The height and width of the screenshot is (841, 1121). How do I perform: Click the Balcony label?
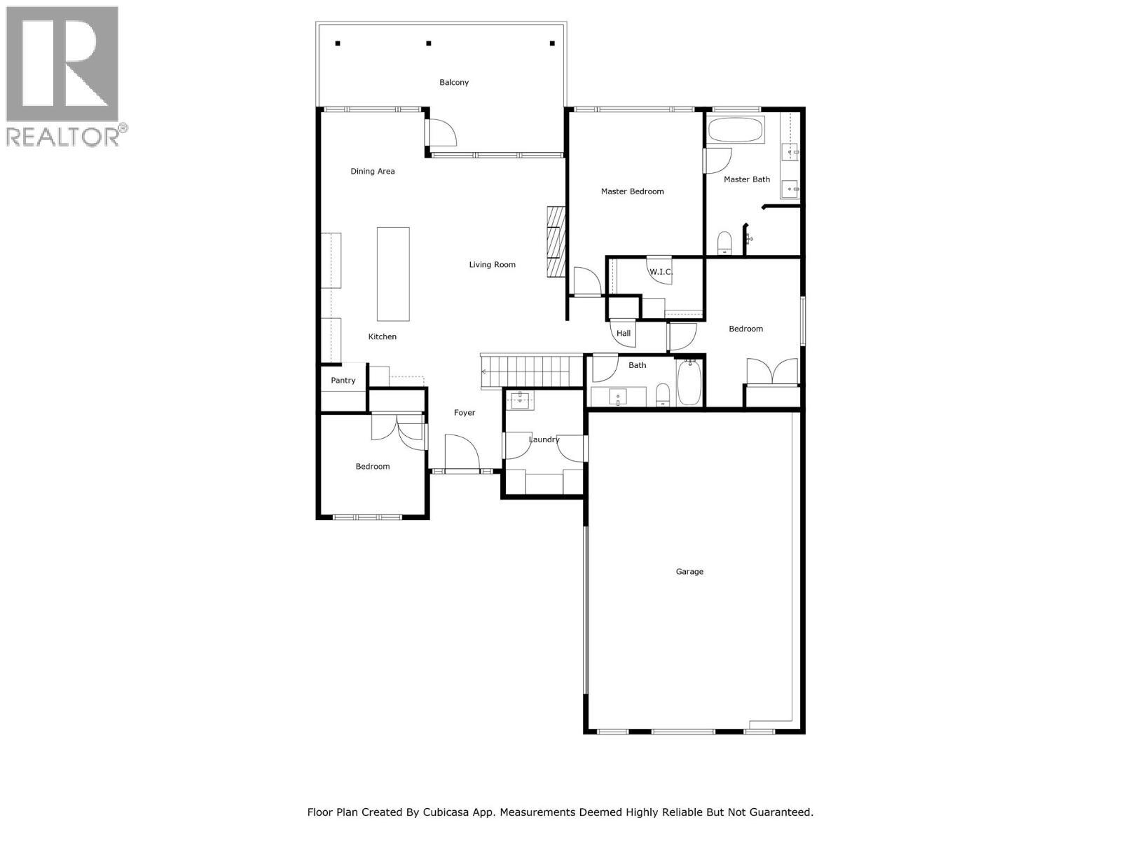[x=454, y=83]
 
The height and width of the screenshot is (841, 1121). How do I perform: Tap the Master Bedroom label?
[x=632, y=191]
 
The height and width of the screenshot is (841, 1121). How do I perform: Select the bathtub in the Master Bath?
[x=735, y=130]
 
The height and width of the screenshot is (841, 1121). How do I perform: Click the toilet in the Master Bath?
[x=725, y=243]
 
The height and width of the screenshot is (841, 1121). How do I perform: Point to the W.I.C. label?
[x=660, y=272]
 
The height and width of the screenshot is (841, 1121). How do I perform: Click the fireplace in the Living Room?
[x=556, y=242]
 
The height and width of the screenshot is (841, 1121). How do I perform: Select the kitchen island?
[x=393, y=273]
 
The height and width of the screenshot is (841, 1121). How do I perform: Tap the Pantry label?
[x=343, y=381]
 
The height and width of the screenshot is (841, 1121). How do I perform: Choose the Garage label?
[x=689, y=572]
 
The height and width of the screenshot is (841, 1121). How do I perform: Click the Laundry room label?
[x=544, y=440]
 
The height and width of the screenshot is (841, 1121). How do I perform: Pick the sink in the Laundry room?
[x=520, y=400]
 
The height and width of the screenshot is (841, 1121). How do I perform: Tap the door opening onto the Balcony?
[x=441, y=132]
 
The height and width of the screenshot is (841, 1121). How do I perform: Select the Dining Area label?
[x=373, y=172]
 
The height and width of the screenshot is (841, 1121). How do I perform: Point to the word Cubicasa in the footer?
[x=446, y=813]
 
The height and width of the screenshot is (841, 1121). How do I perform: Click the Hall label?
[x=624, y=334]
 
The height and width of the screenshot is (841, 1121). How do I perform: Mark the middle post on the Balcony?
[x=429, y=43]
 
